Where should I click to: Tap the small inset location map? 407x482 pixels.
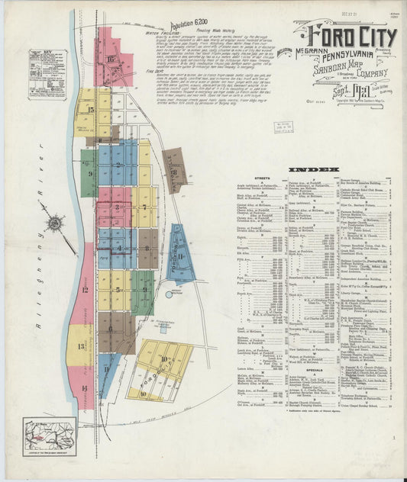(x=50, y=435)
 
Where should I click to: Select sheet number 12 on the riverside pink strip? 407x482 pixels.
(x=85, y=290)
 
